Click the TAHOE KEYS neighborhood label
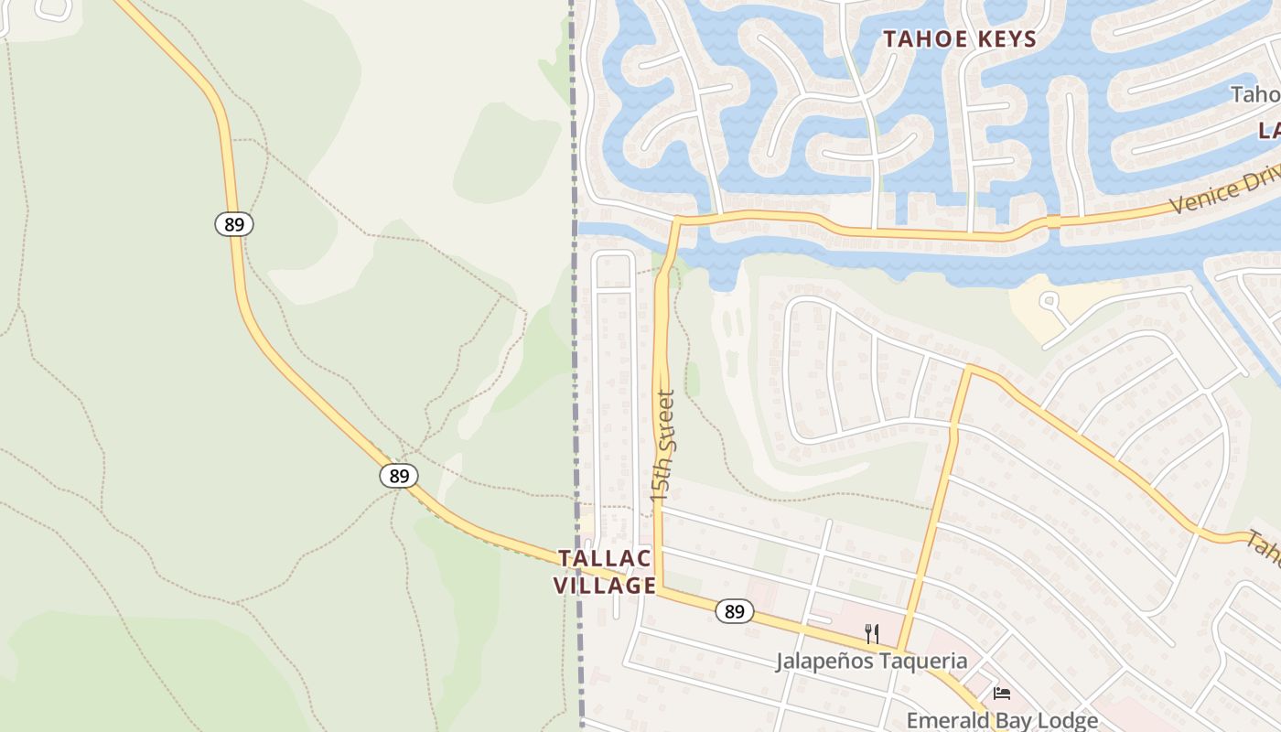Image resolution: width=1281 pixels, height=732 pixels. [x=959, y=39]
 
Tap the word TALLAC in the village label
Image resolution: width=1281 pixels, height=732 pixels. [x=605, y=558]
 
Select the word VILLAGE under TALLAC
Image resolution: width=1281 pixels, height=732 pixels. [x=605, y=586]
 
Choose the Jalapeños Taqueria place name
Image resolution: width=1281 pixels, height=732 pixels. [x=871, y=661]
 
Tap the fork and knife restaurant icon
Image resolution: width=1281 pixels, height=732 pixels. [x=872, y=633]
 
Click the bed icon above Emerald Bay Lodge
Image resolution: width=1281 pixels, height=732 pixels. [x=1002, y=694]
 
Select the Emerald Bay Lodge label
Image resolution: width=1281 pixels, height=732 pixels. [x=1002, y=720]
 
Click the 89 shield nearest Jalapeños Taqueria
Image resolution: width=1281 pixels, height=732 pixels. [x=734, y=611]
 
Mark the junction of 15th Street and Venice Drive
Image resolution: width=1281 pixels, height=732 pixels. [x=677, y=219]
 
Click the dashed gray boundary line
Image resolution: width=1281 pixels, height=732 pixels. [x=576, y=366]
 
